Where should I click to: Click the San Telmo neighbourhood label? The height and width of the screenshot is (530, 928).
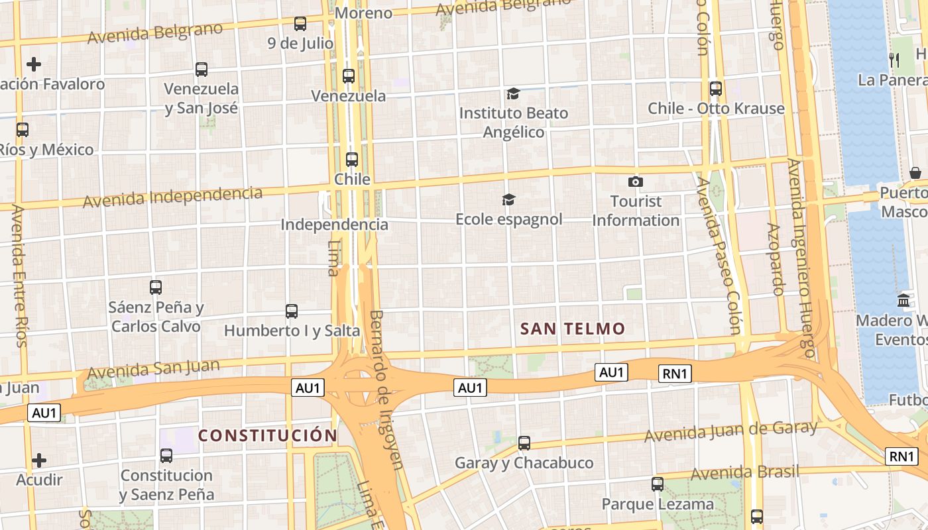click(573, 329)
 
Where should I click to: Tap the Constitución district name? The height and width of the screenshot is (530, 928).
click(268, 435)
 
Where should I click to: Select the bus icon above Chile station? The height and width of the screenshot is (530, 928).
click(352, 160)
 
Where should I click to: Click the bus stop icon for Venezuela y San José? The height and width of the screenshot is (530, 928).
click(202, 69)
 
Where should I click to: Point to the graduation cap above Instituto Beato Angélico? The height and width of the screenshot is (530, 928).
click(513, 93)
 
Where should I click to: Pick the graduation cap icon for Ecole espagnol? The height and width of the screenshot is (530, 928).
click(508, 199)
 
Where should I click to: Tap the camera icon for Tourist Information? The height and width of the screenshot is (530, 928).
click(636, 182)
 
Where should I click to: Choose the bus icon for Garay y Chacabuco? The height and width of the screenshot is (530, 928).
click(524, 443)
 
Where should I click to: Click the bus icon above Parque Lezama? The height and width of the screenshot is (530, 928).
click(658, 484)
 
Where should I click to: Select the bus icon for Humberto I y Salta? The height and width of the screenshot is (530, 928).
click(292, 311)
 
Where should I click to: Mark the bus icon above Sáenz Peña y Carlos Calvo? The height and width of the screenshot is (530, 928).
click(156, 288)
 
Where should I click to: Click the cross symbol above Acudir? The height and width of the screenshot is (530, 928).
click(39, 460)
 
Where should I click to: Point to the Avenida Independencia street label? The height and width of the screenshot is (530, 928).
click(172, 197)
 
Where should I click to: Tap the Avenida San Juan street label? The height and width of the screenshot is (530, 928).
click(153, 369)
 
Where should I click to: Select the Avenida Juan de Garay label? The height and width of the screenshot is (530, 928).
click(731, 432)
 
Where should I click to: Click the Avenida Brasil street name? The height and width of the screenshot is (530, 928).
click(744, 473)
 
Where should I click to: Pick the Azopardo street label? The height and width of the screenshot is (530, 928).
click(776, 258)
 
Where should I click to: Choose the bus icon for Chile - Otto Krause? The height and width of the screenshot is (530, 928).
click(716, 88)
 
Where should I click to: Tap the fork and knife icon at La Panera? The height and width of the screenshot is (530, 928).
click(894, 60)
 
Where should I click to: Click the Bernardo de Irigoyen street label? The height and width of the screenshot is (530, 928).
click(386, 390)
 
